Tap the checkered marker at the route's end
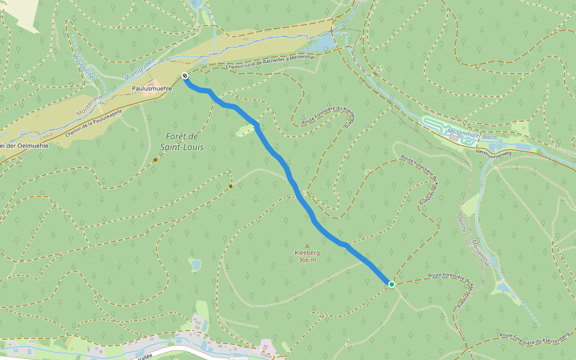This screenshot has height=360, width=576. click(185, 76)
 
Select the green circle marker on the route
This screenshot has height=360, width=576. click(391, 284)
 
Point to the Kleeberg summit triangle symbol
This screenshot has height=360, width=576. click(307, 245)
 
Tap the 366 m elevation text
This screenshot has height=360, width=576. click(307, 260)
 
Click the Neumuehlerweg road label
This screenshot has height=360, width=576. click(494, 154)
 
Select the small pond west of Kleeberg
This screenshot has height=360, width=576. click(195, 264)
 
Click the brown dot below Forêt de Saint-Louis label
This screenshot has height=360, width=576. click(155, 160)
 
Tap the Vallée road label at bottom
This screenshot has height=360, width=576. click(144, 356)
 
